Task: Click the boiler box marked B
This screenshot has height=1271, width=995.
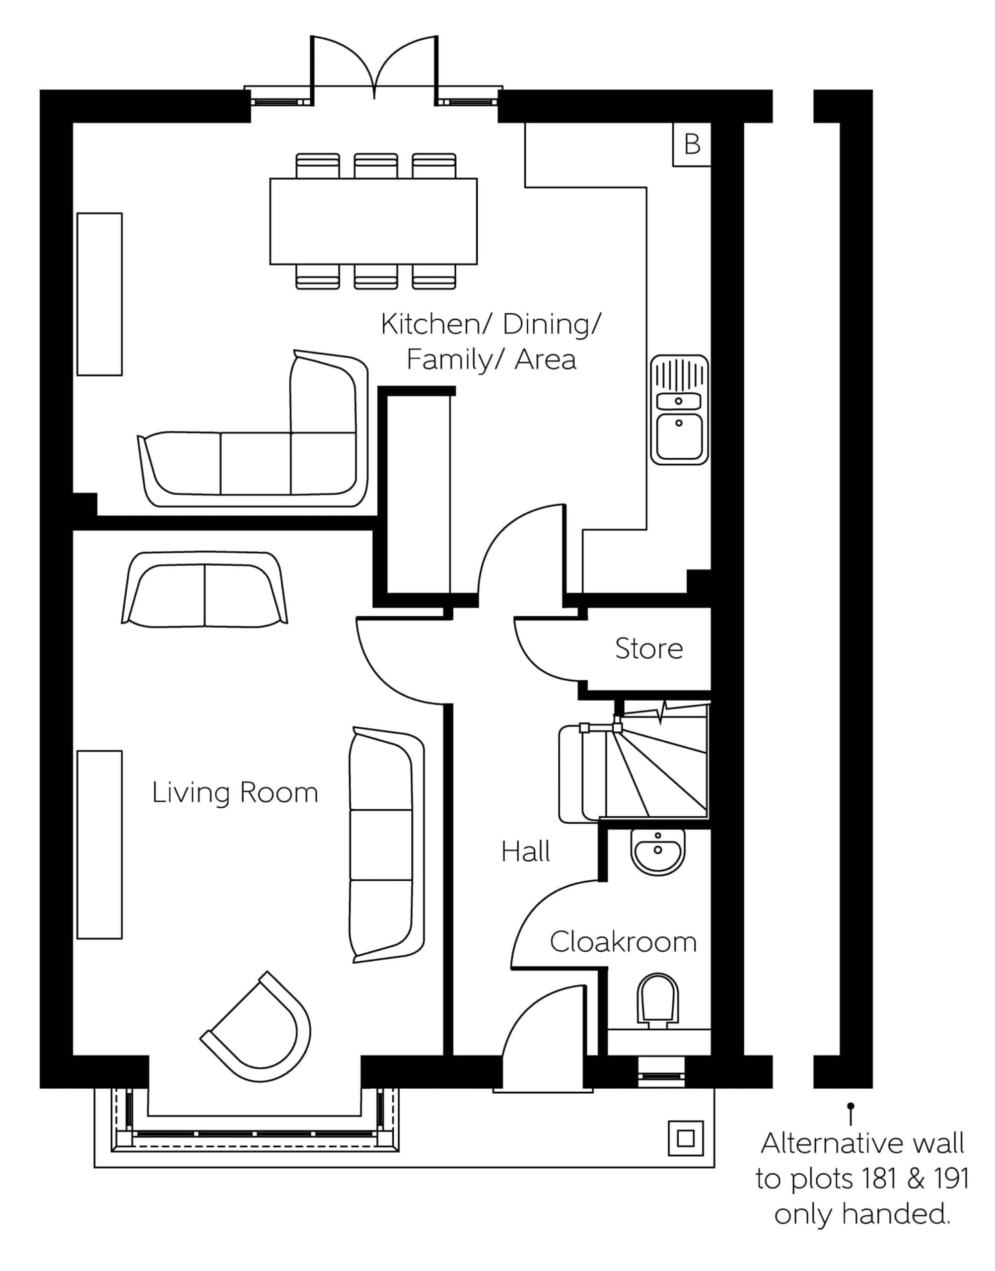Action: (692, 144)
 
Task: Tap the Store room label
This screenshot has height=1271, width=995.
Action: (649, 649)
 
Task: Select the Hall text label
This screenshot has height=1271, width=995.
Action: (525, 852)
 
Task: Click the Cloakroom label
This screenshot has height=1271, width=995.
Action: (623, 942)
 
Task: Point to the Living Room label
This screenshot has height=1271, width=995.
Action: (235, 793)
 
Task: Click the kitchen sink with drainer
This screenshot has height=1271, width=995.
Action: (679, 410)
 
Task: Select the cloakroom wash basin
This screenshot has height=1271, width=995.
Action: (658, 851)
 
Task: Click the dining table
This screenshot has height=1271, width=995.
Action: (373, 221)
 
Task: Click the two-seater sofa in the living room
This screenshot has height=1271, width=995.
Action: (205, 589)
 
